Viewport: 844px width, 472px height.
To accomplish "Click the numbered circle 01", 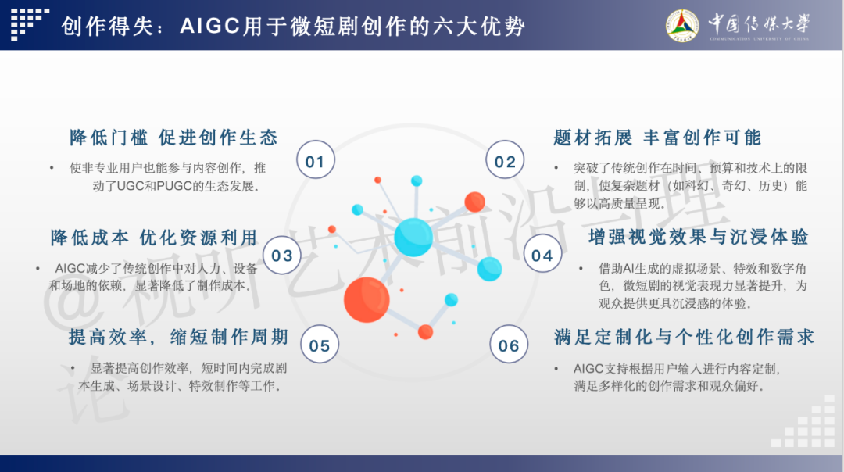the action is click(x=316, y=160).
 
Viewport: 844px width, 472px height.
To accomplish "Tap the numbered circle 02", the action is click(x=505, y=160).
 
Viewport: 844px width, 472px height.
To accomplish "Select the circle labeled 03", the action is click(x=282, y=255).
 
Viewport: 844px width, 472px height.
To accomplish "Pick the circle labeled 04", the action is click(x=542, y=253).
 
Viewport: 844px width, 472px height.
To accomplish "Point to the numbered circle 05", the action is click(x=320, y=345).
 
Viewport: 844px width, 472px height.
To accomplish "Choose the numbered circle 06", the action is click(x=509, y=345).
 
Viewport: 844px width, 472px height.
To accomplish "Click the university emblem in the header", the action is click(x=682, y=25).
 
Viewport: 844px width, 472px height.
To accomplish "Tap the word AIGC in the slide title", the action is click(x=209, y=26).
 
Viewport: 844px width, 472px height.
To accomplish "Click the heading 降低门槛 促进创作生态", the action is click(x=173, y=138).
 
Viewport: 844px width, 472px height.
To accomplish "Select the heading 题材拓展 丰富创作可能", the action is click(x=657, y=138).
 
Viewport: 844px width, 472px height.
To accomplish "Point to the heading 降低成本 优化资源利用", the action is click(x=154, y=238).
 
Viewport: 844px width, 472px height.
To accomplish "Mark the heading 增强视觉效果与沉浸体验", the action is click(x=698, y=237).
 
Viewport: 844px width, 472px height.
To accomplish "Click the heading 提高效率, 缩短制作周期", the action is click(x=179, y=338).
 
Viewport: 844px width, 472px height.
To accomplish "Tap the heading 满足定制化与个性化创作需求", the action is click(x=684, y=338).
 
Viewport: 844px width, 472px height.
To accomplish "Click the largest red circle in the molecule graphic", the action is click(x=367, y=300).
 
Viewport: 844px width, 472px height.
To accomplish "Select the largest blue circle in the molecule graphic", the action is click(x=413, y=238).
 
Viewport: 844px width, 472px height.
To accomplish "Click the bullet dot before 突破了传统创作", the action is click(x=556, y=169).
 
